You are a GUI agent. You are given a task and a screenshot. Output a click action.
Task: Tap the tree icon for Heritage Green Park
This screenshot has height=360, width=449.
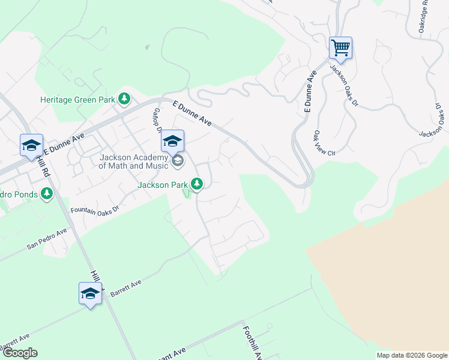(124, 98)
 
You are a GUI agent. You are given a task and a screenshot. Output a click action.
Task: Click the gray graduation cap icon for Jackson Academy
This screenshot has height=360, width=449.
(178, 161)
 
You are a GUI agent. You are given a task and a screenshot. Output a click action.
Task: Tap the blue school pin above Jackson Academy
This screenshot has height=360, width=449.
(172, 142)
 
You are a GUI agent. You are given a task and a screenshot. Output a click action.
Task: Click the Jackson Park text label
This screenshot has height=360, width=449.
(163, 185)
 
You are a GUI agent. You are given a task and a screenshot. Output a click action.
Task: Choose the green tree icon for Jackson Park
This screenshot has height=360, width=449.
(197, 184)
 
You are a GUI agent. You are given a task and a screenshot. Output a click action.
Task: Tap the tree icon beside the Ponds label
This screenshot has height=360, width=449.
(47, 194)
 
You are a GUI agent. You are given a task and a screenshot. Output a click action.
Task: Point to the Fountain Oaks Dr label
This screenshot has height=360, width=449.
(95, 209)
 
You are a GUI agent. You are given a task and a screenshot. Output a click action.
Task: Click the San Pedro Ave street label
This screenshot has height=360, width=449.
(47, 239)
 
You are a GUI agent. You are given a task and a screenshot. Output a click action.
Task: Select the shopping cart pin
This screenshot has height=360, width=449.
(340, 48)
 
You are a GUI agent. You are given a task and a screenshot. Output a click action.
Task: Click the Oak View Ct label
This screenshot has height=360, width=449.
(323, 143)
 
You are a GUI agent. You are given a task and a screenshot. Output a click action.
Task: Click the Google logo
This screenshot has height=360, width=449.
(20, 353)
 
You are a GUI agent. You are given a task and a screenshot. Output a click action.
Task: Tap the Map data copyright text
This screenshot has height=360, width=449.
(412, 355)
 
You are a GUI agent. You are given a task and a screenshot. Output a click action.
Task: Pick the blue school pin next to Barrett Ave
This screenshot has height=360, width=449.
(90, 294)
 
